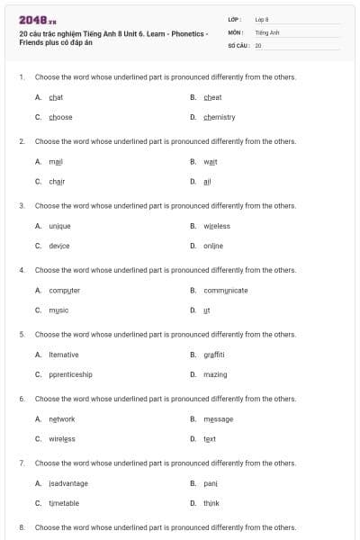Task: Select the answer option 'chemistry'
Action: point(219,117)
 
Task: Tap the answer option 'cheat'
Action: point(212,97)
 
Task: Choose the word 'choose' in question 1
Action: point(60,117)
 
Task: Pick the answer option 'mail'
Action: point(56,161)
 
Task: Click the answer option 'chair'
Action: point(57,181)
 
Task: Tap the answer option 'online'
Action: point(212,246)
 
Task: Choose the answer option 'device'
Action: point(58,246)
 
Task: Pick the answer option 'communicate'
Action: point(225,290)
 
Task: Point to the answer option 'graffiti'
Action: point(213,355)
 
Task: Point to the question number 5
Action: point(22,333)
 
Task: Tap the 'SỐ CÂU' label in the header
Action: point(238,44)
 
